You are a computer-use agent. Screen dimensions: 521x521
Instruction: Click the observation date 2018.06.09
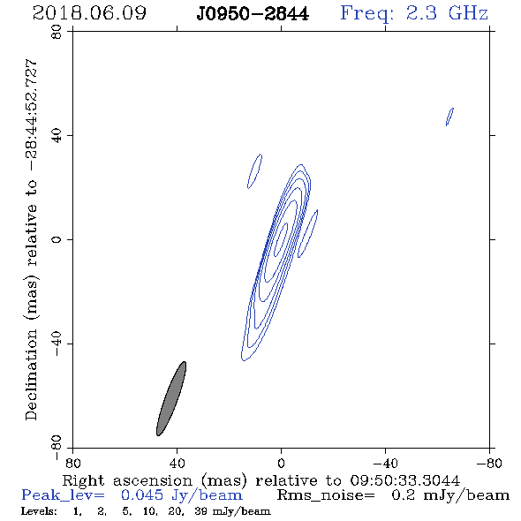click(x=89, y=13)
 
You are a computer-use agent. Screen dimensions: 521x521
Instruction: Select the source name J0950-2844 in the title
click(x=253, y=14)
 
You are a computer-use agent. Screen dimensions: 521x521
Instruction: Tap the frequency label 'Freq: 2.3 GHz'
click(x=414, y=13)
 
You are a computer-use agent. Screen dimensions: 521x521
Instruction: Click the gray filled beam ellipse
click(x=171, y=399)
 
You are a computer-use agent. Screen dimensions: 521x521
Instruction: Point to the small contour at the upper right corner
click(x=449, y=117)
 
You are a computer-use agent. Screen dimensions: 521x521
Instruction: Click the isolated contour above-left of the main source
click(x=254, y=171)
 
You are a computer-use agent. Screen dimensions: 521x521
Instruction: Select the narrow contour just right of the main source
click(x=307, y=234)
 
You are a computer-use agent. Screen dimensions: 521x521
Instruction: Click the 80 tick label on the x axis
click(x=72, y=463)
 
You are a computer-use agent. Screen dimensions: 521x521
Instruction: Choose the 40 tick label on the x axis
click(x=177, y=463)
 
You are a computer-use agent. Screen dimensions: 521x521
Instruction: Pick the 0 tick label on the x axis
click(x=281, y=463)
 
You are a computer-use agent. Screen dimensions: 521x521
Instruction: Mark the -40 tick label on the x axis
click(x=385, y=463)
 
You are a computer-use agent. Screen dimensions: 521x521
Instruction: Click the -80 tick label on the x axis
click(x=489, y=463)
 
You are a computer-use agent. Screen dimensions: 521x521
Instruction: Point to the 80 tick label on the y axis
click(x=57, y=32)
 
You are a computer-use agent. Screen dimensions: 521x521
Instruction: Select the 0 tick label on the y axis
click(x=57, y=239)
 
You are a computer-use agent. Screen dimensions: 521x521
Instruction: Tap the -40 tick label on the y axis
click(x=57, y=344)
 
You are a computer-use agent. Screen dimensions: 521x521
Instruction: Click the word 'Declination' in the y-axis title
click(x=31, y=374)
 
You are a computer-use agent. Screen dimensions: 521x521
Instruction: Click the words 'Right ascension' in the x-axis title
click(x=127, y=480)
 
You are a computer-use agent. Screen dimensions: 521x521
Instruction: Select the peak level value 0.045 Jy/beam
click(x=181, y=495)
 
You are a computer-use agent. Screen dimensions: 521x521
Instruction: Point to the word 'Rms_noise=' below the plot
click(x=326, y=495)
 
